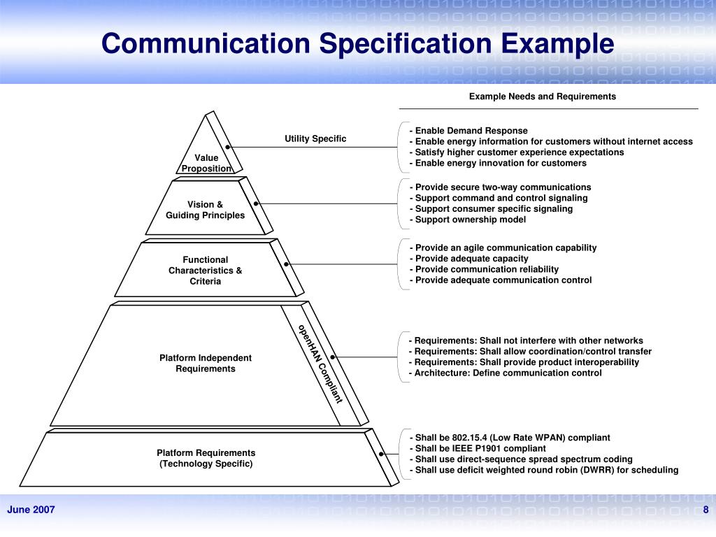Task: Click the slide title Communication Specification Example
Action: click(357, 43)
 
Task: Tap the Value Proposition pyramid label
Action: click(206, 163)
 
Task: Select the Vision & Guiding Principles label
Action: click(205, 210)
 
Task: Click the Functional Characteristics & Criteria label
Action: click(206, 271)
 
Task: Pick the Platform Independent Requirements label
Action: click(206, 363)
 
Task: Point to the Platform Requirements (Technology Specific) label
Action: click(206, 458)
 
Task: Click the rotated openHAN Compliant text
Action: click(320, 364)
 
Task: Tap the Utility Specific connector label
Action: click(315, 138)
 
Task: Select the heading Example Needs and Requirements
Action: click(543, 96)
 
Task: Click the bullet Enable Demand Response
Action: click(468, 131)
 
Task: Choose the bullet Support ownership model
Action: click(468, 220)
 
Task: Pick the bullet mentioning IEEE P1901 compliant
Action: click(478, 448)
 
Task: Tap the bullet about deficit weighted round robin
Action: click(544, 470)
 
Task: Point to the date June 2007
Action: click(31, 510)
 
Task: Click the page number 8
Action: click(706, 510)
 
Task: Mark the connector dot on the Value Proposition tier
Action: click(227, 147)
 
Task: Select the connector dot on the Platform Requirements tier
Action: click(381, 454)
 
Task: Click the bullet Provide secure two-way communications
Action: click(500, 187)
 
